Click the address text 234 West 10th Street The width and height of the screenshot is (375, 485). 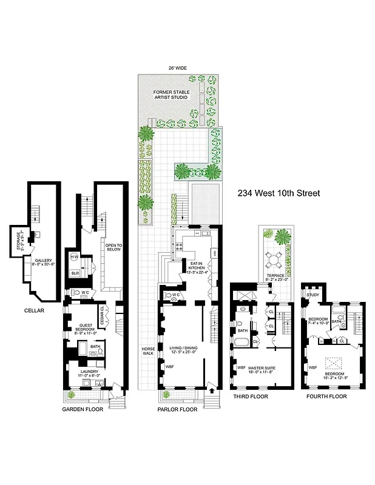280,194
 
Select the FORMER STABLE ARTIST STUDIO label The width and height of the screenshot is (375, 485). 171,94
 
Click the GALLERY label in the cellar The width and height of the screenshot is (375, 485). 42,261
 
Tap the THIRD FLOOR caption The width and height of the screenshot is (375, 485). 251,396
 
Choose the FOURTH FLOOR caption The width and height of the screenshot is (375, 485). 327,396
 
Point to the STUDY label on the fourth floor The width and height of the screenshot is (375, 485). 312,295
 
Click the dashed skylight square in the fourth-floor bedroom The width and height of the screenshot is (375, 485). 334,364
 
